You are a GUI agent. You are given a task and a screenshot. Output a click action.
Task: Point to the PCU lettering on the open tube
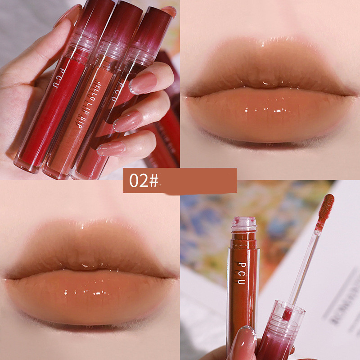tap(242, 273)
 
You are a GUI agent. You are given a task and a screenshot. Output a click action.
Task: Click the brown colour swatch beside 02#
tap(198, 180)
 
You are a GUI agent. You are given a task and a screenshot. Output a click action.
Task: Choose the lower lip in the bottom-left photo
tap(90, 297)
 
